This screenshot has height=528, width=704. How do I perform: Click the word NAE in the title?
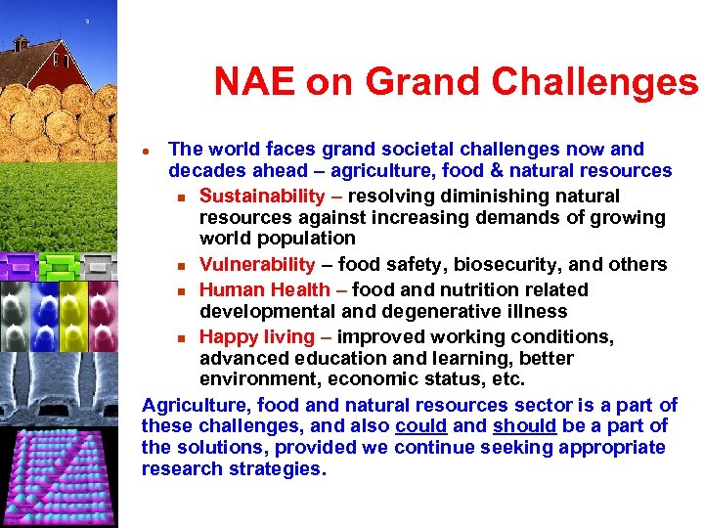click(254, 82)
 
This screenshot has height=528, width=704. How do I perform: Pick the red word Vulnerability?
click(257, 264)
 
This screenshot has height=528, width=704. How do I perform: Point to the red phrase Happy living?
click(256, 336)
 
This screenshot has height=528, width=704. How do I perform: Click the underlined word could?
click(421, 426)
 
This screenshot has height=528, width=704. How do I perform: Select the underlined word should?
click(525, 426)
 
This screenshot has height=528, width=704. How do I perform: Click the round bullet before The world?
click(146, 152)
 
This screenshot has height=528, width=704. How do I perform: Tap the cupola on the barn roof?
click(21, 42)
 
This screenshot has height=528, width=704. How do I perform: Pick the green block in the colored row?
click(60, 264)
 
